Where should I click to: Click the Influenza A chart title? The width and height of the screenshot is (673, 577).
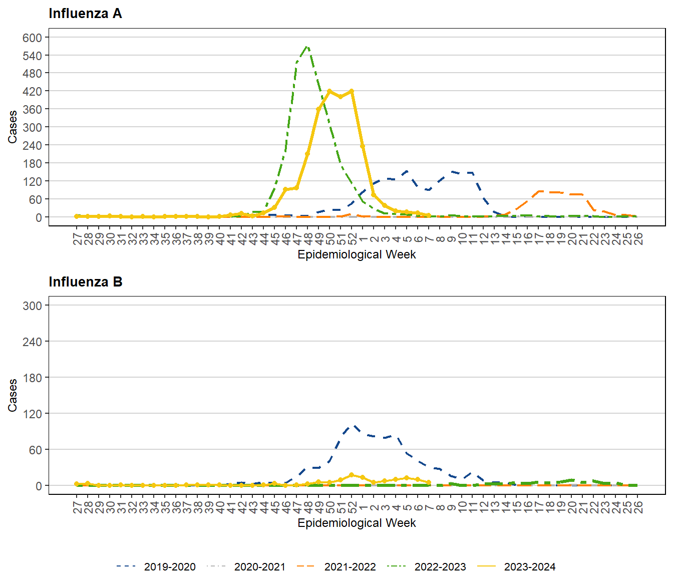[85, 14]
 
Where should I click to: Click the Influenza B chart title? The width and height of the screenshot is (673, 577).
[85, 282]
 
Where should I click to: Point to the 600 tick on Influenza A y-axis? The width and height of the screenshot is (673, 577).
[32, 38]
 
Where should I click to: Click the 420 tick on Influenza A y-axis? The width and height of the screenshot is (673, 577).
[32, 92]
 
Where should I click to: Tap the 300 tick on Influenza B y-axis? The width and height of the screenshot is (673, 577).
[32, 306]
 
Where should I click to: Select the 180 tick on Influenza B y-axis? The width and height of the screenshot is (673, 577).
[32, 378]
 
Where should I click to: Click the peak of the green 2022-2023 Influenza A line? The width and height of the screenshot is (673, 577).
[307, 47]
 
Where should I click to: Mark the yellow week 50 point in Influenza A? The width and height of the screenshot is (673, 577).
[329, 91]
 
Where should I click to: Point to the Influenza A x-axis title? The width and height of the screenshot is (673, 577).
[357, 254]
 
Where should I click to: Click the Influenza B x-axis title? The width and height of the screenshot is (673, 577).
[357, 523]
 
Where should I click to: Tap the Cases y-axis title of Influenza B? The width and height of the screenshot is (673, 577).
[13, 395]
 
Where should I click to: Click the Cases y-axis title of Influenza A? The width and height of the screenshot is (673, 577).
[13, 127]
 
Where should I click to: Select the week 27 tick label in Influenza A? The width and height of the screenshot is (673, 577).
[77, 238]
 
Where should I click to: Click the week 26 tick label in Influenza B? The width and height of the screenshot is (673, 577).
[637, 507]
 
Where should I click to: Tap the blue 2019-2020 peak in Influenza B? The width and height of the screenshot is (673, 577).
[354, 426]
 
